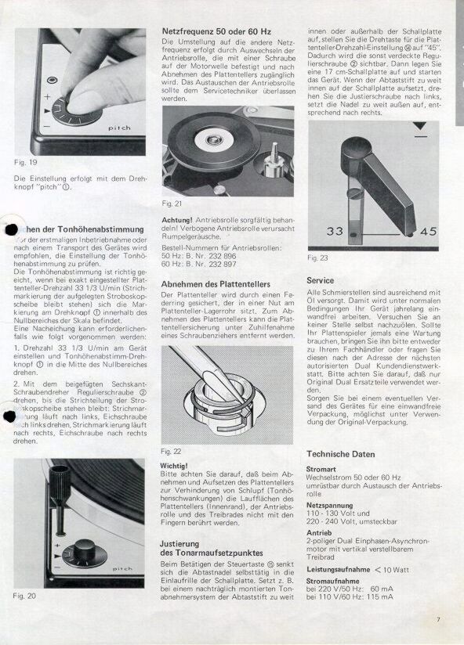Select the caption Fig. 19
(25, 162)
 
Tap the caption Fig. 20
(25, 596)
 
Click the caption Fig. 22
(170, 452)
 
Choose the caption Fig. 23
(317, 258)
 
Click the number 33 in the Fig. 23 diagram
(336, 231)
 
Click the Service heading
(321, 279)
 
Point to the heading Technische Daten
(340, 454)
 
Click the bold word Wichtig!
(173, 465)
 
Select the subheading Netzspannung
(330, 506)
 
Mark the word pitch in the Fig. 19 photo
(118, 125)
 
